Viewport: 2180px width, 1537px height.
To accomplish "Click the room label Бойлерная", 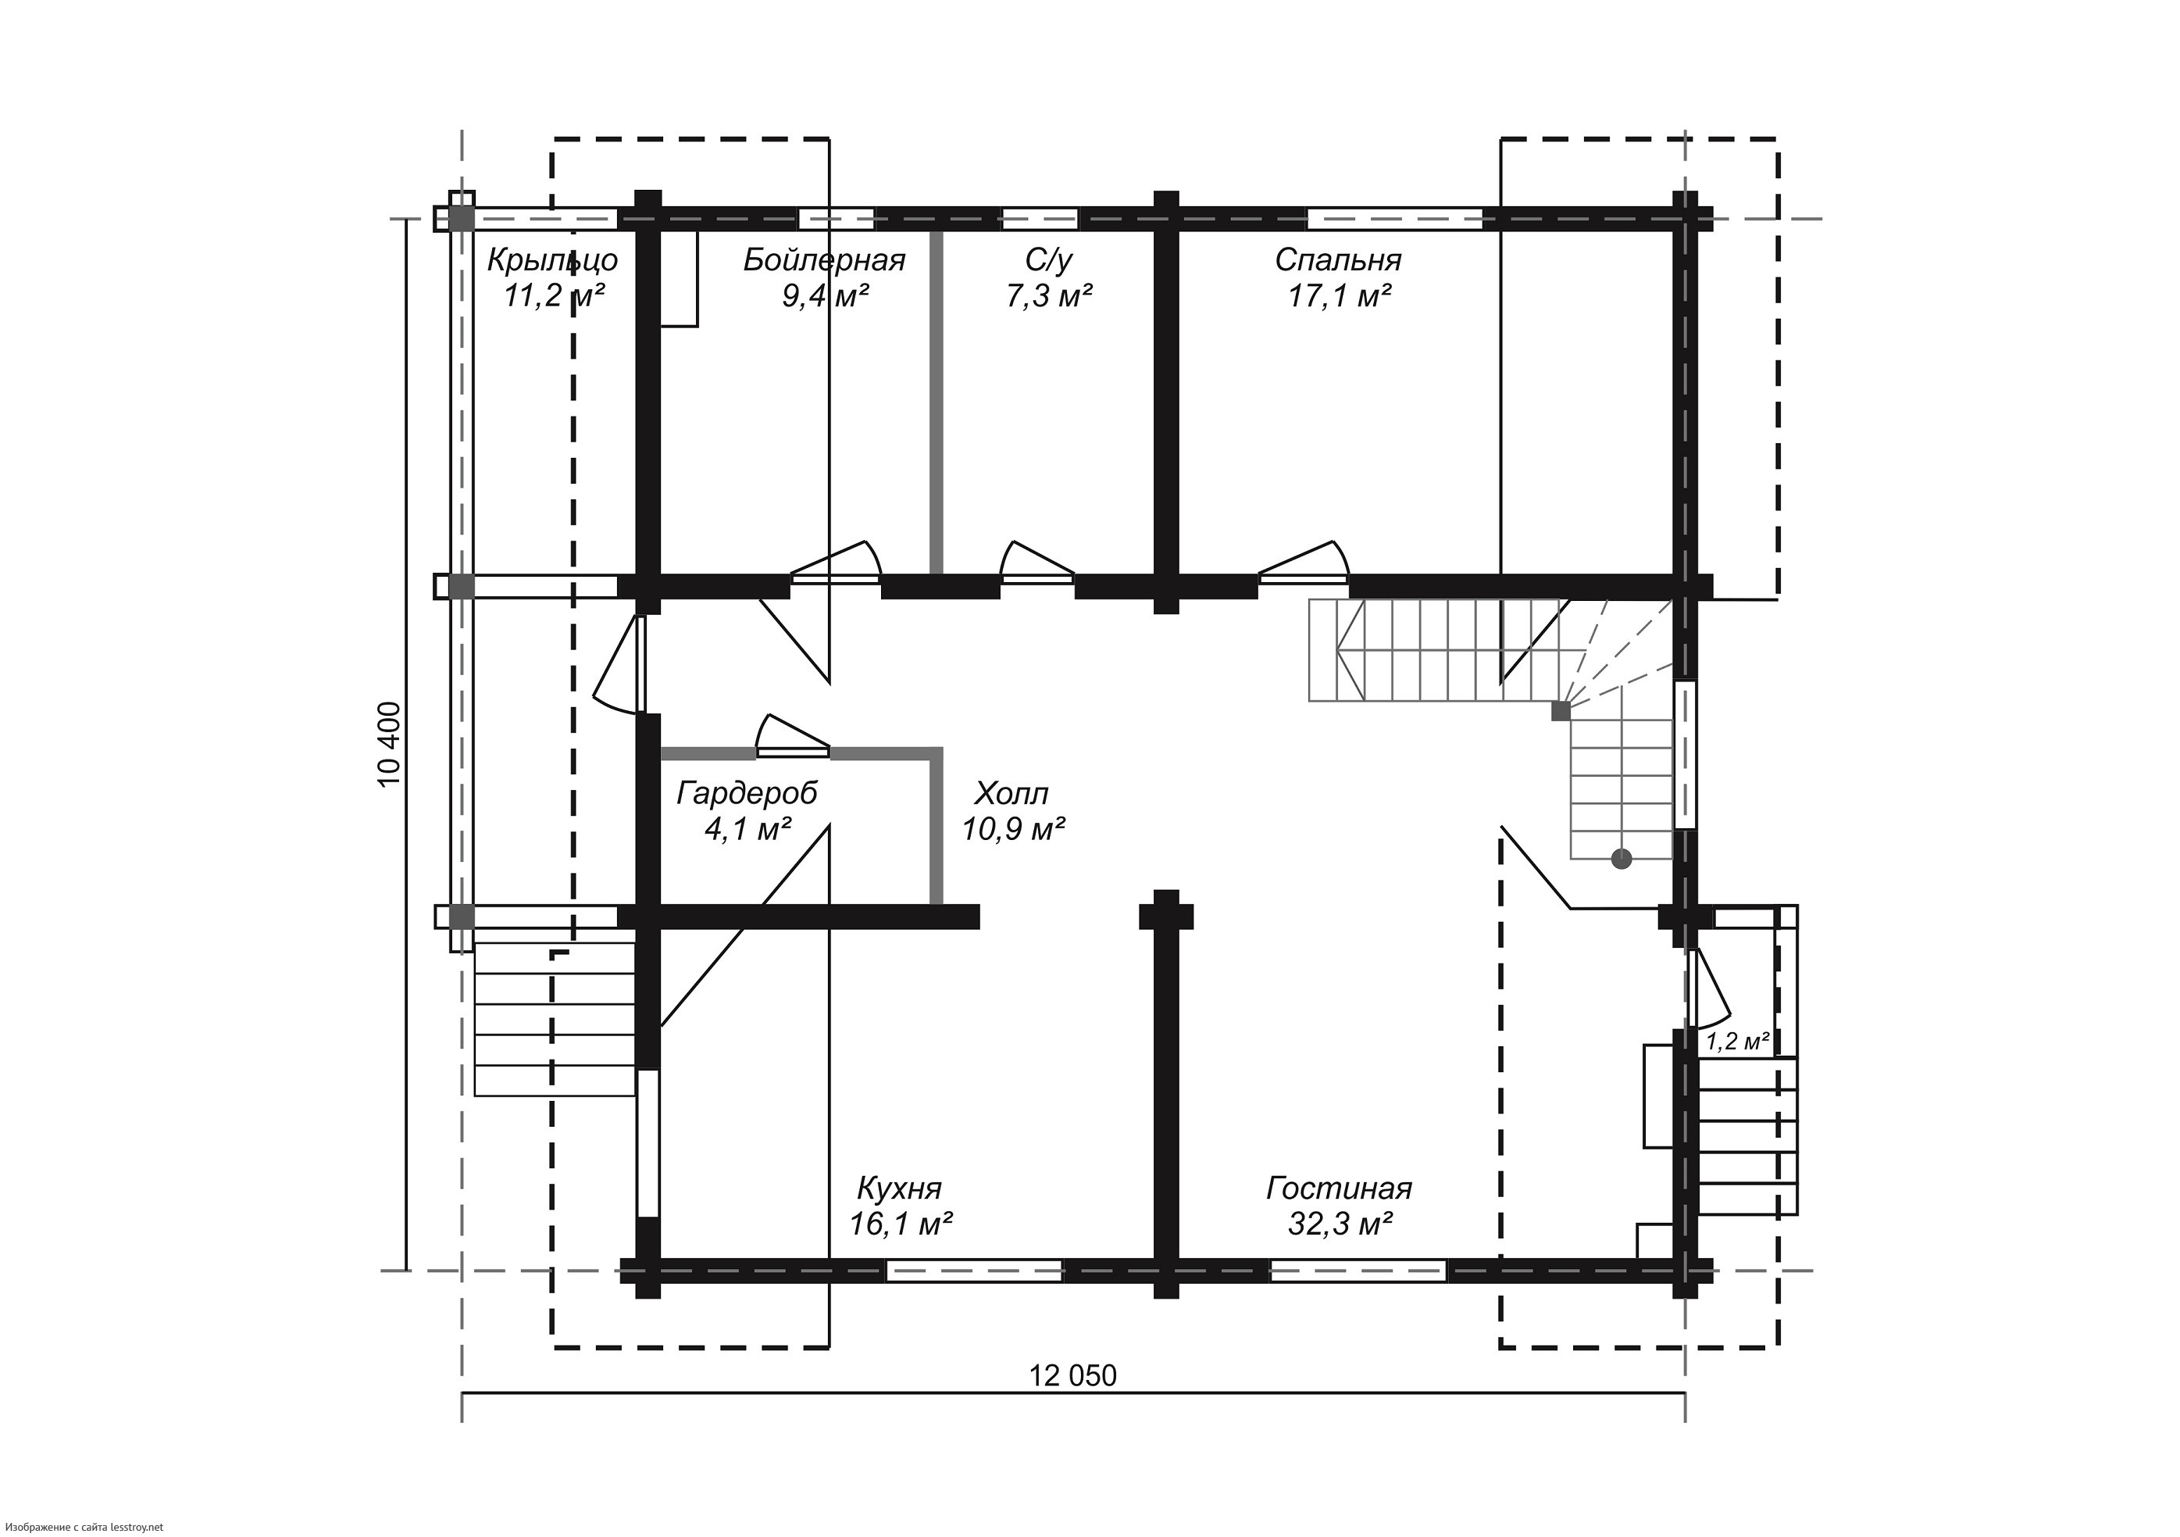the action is point(824,259).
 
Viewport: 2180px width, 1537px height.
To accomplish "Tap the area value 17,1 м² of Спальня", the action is point(1339,296).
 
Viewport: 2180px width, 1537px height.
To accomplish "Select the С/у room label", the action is point(1049,259).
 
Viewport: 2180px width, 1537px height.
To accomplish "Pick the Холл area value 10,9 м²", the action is point(1013,829).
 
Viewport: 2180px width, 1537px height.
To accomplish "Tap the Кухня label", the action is point(899,1188).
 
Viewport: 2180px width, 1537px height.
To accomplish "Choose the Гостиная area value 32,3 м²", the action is point(1340,1224).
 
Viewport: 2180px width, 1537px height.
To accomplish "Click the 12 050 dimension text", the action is point(1073,1375).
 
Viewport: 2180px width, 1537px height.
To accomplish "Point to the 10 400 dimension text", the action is point(391,745).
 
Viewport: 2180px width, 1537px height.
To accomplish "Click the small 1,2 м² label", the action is point(1736,1041).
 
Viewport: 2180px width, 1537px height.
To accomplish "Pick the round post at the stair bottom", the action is point(1622,859).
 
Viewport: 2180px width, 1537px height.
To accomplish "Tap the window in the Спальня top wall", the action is point(1395,219).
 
